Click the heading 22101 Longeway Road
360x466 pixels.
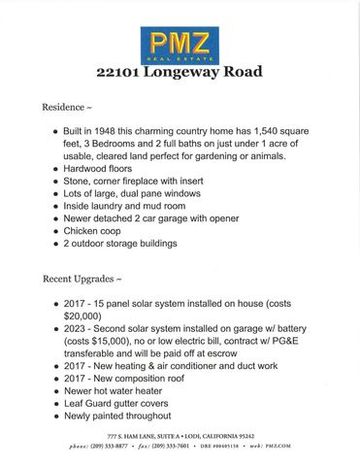pyautogui.click(x=180, y=72)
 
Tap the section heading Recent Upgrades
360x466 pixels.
pyautogui.click(x=82, y=280)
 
